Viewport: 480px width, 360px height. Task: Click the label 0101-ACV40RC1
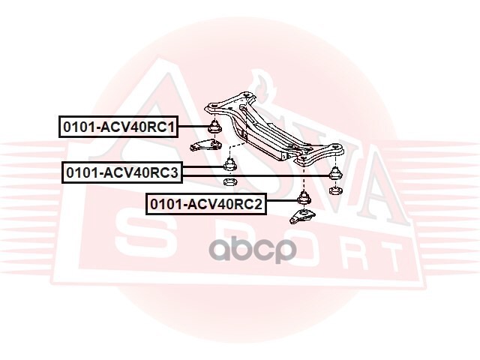coord(118,127)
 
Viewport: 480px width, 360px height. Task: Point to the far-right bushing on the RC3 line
coord(336,172)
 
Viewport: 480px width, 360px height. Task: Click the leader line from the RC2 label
coord(283,202)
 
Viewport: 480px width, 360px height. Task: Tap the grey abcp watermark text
coord(253,249)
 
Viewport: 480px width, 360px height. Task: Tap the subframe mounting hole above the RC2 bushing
coord(302,158)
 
